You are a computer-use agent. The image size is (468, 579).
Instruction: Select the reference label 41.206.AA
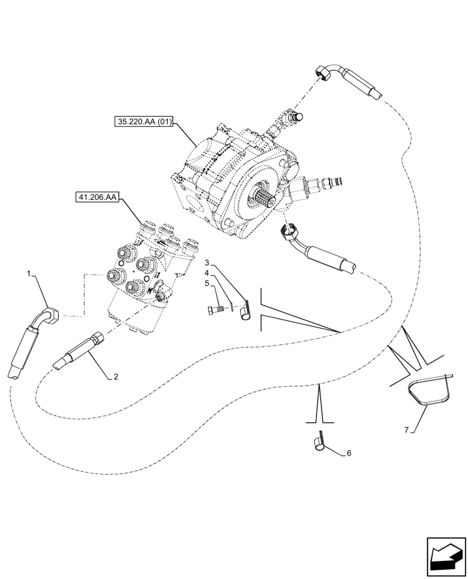click(96, 198)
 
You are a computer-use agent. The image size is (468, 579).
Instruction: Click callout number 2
click(116, 377)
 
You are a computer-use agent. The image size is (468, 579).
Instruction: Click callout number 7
click(406, 430)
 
